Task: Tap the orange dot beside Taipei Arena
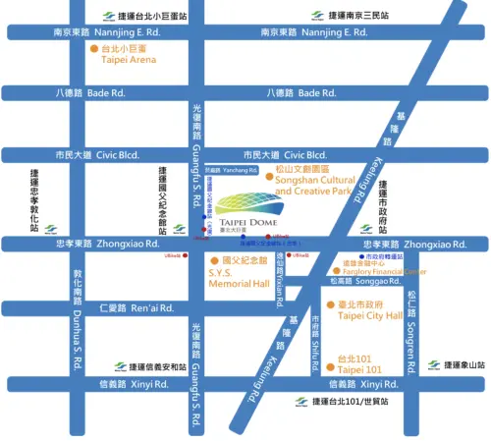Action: (x=94, y=47)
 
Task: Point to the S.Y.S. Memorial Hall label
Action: (x=239, y=272)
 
